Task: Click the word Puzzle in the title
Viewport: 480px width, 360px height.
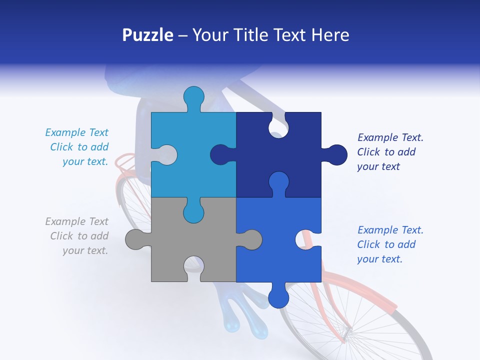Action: [147, 35]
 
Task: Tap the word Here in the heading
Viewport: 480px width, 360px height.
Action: [330, 35]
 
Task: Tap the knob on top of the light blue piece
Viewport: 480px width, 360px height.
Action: [194, 98]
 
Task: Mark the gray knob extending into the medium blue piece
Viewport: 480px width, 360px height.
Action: [250, 239]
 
